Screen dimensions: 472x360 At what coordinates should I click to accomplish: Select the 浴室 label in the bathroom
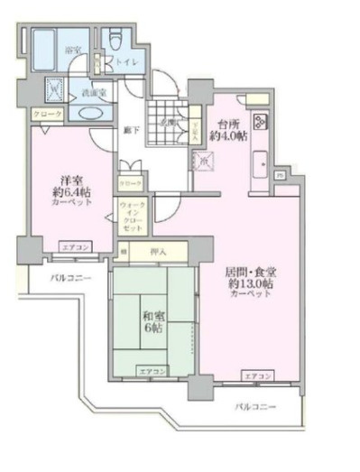click(x=72, y=51)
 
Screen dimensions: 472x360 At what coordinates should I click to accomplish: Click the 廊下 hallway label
click(x=131, y=131)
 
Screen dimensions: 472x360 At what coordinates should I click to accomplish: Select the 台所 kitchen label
click(x=227, y=124)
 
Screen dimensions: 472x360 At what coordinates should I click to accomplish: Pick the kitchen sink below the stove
click(x=260, y=166)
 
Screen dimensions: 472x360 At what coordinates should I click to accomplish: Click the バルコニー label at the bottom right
click(x=255, y=408)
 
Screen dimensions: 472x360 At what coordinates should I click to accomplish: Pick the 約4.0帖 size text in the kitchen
click(x=227, y=137)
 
